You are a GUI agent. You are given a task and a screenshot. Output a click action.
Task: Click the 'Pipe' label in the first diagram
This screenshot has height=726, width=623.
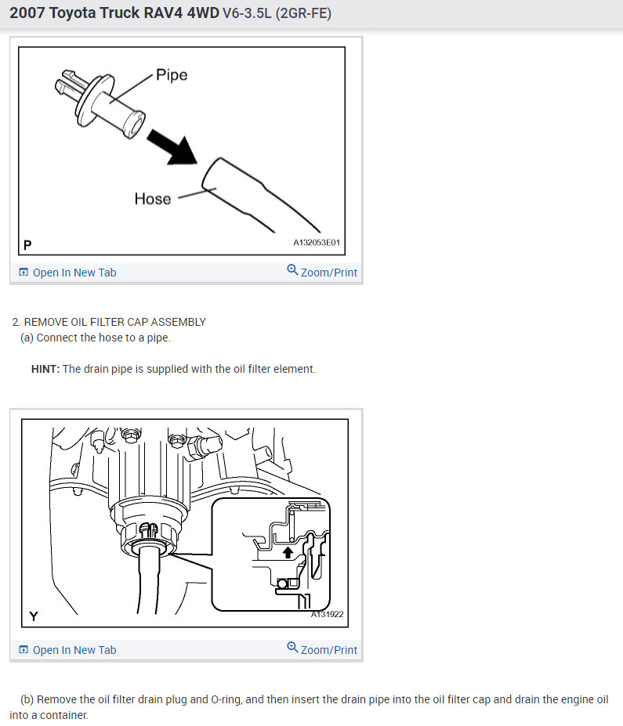[x=172, y=75]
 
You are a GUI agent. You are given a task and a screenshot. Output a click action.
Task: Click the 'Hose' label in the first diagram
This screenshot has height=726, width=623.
[x=153, y=199]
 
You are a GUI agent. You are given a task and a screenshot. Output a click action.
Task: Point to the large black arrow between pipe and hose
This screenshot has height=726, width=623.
[x=173, y=147]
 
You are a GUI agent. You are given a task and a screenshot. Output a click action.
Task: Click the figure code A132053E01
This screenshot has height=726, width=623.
[x=317, y=242]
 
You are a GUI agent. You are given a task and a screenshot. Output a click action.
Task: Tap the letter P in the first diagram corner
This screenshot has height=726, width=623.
[x=27, y=245]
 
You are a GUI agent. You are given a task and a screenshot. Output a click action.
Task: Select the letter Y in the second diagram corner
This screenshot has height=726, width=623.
[x=34, y=616]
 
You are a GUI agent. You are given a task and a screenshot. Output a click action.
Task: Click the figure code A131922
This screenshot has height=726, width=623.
[x=327, y=615]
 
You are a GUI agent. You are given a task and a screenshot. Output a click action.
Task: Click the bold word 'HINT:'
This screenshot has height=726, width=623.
[x=45, y=369]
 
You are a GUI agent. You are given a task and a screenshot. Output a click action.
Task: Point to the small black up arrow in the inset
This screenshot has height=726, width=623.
[x=288, y=551]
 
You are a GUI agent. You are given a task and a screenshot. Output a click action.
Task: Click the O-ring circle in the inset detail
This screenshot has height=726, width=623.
[x=282, y=584]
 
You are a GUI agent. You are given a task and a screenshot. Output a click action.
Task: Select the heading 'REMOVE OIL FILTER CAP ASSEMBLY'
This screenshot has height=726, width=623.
[x=115, y=322]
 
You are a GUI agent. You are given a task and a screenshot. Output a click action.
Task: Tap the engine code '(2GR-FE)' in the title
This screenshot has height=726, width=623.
[x=303, y=13]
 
